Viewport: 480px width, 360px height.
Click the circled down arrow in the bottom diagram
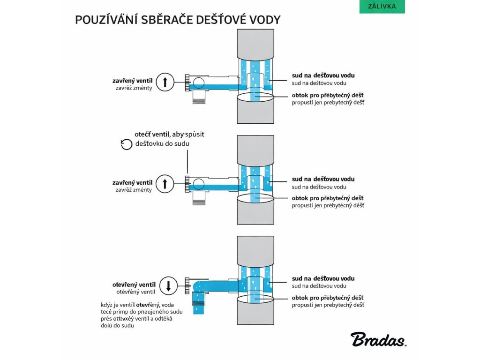(169, 285)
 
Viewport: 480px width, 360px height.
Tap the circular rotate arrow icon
(127, 144)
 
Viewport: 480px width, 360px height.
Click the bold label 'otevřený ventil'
(134, 285)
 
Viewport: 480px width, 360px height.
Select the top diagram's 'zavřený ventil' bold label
(132, 81)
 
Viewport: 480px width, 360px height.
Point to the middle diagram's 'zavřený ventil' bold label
(132, 182)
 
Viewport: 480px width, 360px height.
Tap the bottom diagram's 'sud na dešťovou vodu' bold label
(323, 278)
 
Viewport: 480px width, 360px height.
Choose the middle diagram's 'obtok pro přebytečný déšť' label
(328, 198)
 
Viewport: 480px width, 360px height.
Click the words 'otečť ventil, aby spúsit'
(169, 135)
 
